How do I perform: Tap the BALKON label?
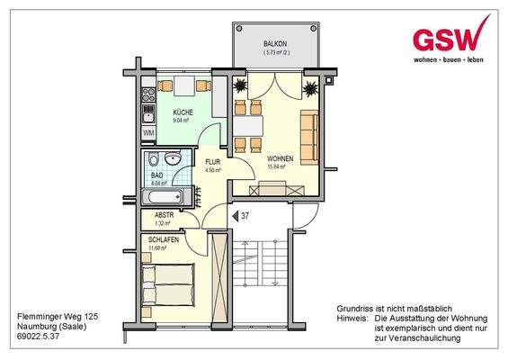point(276,44)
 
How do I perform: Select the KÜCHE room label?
point(183,111)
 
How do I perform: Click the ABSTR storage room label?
point(165,215)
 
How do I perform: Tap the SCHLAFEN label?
point(164,240)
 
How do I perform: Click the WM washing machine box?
point(147,132)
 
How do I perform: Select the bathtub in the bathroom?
point(163,197)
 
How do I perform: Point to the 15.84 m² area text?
point(276,166)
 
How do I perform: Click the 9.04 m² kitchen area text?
point(183,119)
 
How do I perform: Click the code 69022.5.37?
point(40,337)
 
